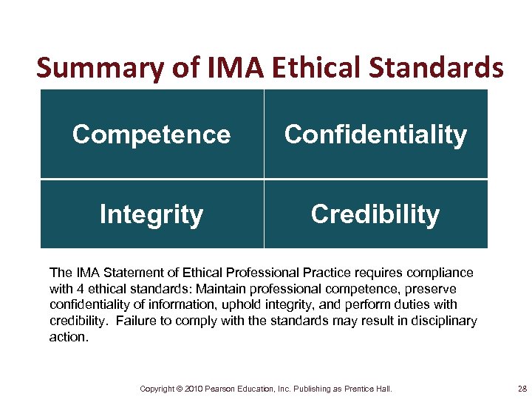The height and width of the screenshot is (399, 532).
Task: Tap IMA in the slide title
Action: (x=221, y=68)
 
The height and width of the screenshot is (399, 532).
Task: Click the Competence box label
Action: (x=151, y=134)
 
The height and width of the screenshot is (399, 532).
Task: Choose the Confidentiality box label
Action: (x=375, y=134)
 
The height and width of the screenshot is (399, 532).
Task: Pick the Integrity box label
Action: (x=151, y=214)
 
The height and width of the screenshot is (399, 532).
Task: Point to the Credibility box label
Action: (x=375, y=214)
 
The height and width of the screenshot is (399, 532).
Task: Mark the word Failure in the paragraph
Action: (x=137, y=321)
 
